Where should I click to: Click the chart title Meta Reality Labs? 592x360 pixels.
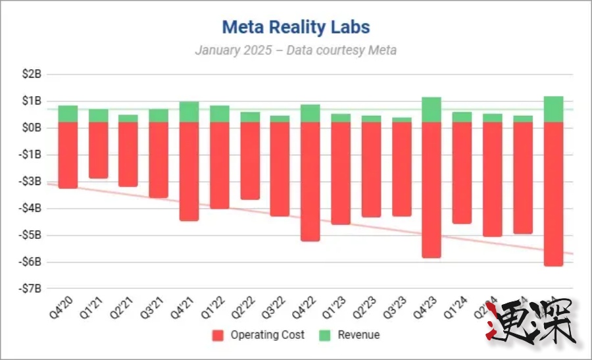295,27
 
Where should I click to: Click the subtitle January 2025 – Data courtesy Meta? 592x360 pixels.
295,50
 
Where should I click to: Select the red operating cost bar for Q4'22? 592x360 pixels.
310,182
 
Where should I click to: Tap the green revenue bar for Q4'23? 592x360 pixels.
432,110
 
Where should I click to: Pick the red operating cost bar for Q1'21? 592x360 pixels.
99,150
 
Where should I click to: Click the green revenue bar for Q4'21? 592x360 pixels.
189,112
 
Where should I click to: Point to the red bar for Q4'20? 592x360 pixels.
68,155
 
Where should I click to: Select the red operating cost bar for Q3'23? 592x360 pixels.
401,169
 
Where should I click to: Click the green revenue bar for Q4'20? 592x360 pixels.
68,114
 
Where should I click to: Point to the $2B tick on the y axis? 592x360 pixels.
32,74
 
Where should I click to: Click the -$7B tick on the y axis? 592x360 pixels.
30,288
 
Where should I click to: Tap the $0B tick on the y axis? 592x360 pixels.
32,128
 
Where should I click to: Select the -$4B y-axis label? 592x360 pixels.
30,208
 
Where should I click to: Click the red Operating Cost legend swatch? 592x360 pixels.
218,335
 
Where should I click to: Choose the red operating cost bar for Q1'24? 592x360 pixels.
462,173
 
